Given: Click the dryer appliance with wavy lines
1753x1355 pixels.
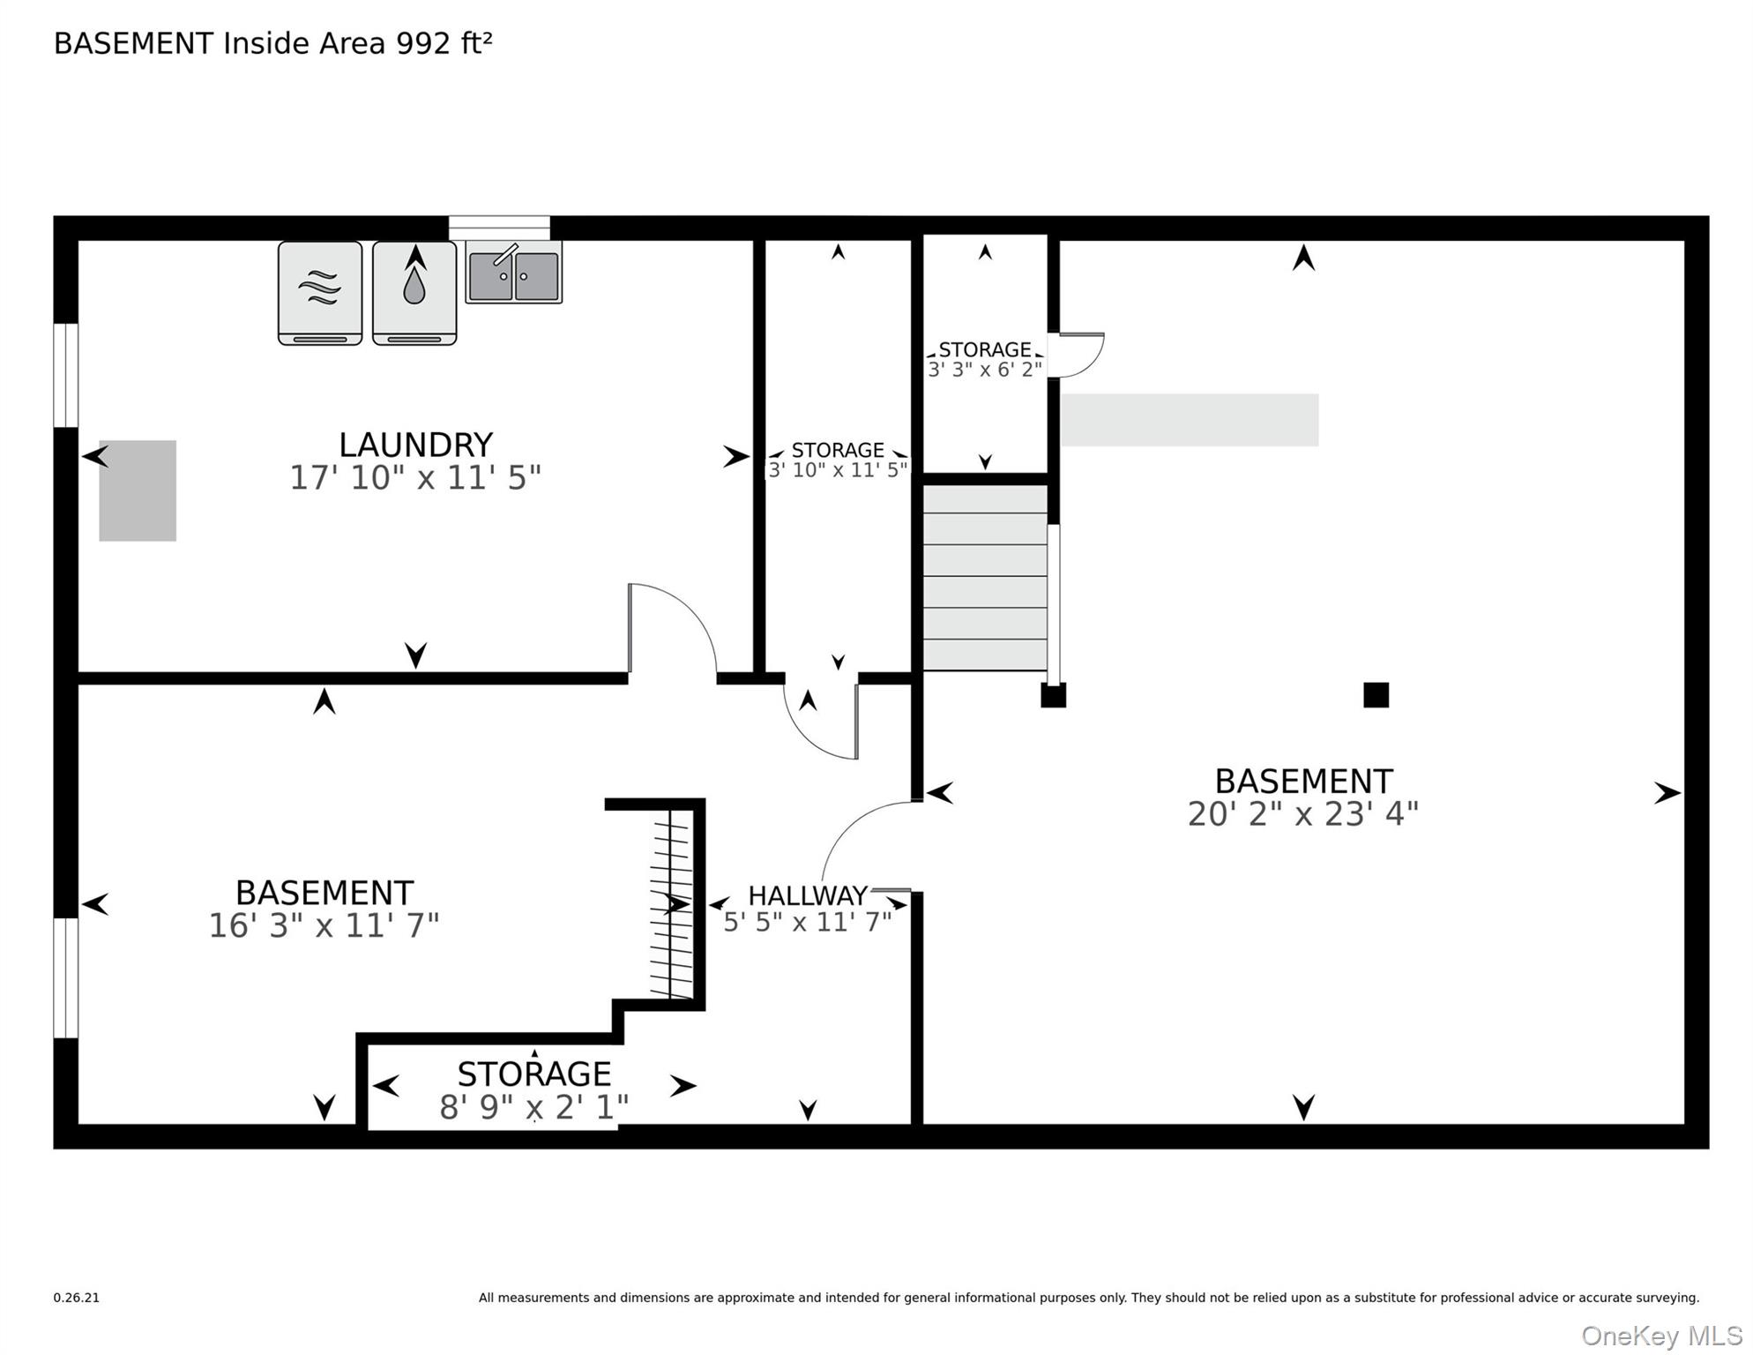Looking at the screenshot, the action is pyautogui.click(x=320, y=293).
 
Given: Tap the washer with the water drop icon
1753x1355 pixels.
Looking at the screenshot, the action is pyautogui.click(x=414, y=293).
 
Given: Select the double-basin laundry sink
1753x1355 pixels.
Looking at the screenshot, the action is pyautogui.click(x=514, y=273).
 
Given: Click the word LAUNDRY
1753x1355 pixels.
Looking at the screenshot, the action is pyautogui.click(x=415, y=445).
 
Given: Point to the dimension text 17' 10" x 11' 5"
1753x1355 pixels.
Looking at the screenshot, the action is pyautogui.click(x=415, y=478).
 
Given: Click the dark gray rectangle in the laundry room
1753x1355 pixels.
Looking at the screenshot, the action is pyautogui.click(x=138, y=490).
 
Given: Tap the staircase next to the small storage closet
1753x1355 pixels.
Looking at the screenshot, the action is pyautogui.click(x=985, y=578).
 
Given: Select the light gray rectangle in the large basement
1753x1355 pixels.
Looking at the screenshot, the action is pyautogui.click(x=1189, y=420).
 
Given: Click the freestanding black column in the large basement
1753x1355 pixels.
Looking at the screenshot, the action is pyautogui.click(x=1376, y=695).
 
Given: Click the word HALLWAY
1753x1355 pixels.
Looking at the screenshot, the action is pyautogui.click(x=808, y=895).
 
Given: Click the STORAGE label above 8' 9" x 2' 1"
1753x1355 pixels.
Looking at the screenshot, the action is pyautogui.click(x=534, y=1074).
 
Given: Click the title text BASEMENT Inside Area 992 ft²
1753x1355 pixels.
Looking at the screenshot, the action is pyautogui.click(x=273, y=43).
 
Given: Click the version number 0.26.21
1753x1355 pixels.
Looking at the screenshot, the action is pyautogui.click(x=77, y=1298).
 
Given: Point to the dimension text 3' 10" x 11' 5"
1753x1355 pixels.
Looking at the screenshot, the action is pyautogui.click(x=838, y=470).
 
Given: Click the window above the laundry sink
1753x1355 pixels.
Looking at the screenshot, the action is pyautogui.click(x=499, y=228).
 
